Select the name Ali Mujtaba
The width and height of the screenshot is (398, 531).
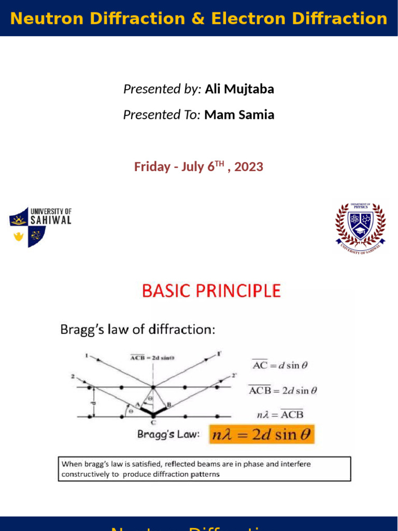click(x=239, y=89)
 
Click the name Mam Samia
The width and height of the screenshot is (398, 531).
click(x=239, y=115)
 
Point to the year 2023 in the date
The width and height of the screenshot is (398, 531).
click(x=249, y=167)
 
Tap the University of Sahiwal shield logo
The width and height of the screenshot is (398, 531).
click(x=27, y=227)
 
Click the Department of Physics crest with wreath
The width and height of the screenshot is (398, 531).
click(x=360, y=225)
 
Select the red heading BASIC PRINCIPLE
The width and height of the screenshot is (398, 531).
click(x=211, y=291)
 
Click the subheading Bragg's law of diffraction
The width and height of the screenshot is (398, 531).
click(x=137, y=329)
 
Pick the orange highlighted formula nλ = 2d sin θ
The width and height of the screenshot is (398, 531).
click(x=262, y=435)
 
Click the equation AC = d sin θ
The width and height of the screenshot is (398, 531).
click(x=280, y=365)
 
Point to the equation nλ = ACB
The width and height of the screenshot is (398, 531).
click(x=280, y=414)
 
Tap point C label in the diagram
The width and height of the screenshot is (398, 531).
click(x=153, y=422)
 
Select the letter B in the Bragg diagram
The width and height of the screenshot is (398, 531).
click(x=169, y=404)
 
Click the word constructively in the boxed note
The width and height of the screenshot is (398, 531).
click(x=84, y=474)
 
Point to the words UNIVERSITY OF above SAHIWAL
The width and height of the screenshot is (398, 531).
click(x=51, y=212)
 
